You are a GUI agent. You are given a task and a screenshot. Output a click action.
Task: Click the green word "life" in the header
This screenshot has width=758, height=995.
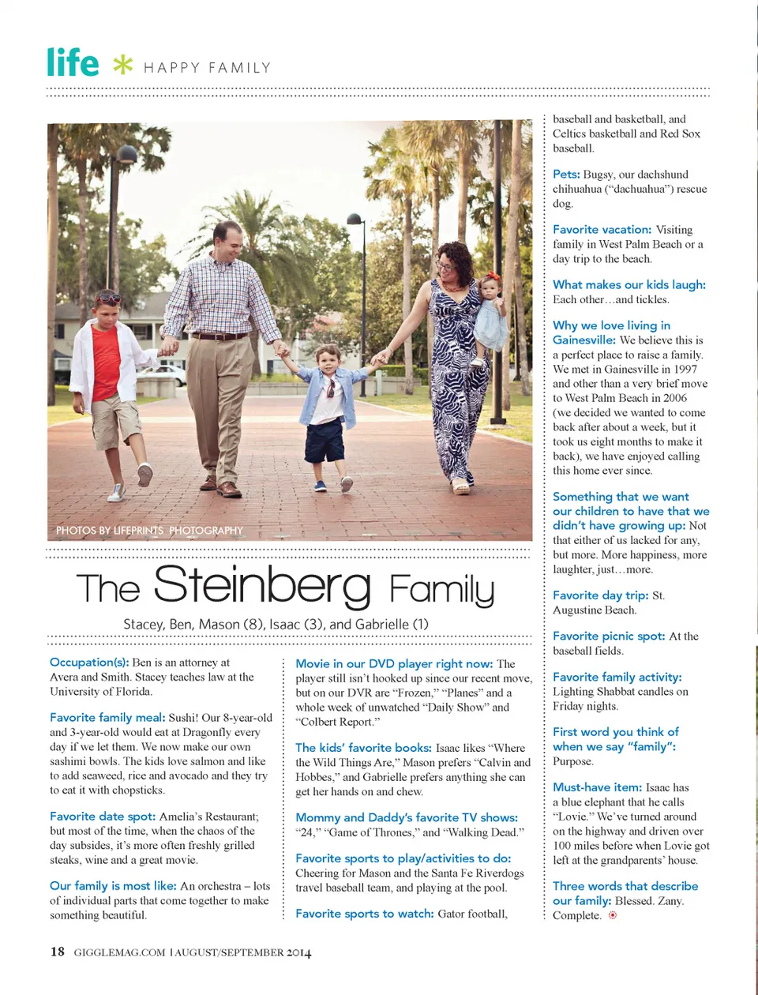[73, 62]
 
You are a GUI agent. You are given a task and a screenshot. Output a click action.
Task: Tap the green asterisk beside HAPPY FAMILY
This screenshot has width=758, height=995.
[122, 64]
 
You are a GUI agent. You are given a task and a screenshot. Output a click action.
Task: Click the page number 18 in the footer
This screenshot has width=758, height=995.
[57, 952]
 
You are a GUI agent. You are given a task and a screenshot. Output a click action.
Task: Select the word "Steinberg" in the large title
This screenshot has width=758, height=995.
[262, 586]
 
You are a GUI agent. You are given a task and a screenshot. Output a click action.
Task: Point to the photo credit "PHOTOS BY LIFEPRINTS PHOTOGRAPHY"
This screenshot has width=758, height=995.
[149, 531]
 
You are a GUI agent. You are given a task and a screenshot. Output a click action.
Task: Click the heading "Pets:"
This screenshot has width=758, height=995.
[566, 175]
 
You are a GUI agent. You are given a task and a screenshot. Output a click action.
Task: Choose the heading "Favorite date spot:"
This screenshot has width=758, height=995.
[103, 817]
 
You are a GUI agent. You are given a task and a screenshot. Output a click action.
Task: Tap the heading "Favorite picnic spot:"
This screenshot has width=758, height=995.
[609, 636]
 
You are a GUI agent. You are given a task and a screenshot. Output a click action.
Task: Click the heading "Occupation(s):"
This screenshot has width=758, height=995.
[89, 663]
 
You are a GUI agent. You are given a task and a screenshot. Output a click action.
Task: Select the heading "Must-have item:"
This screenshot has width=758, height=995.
[597, 787]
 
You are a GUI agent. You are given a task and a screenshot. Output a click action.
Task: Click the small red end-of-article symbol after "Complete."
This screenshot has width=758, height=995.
[613, 916]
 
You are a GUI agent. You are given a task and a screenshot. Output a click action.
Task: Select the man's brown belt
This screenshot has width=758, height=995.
[220, 336]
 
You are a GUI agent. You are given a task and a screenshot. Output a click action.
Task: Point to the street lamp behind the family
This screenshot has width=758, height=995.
[356, 221]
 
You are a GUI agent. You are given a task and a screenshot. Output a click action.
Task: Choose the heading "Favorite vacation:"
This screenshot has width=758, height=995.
[602, 230]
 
